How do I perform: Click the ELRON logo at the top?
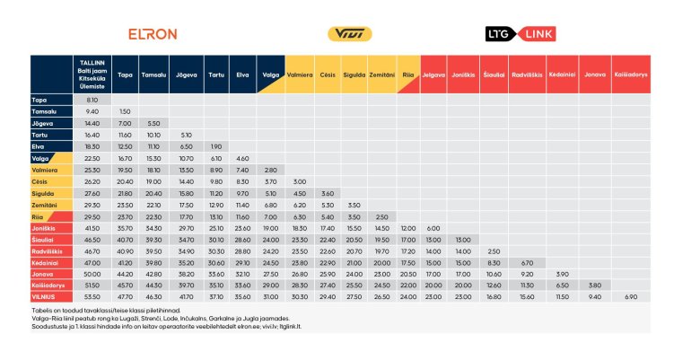[x=153, y=34]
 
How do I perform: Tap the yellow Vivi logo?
[x=346, y=34]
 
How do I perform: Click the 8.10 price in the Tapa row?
[x=92, y=100]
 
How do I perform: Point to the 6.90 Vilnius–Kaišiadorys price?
[x=631, y=295]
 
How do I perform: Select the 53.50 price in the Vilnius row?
[x=92, y=295]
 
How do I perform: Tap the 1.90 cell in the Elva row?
[x=215, y=146]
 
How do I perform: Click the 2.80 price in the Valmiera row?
[x=270, y=170]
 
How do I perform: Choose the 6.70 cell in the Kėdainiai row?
[x=529, y=261]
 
